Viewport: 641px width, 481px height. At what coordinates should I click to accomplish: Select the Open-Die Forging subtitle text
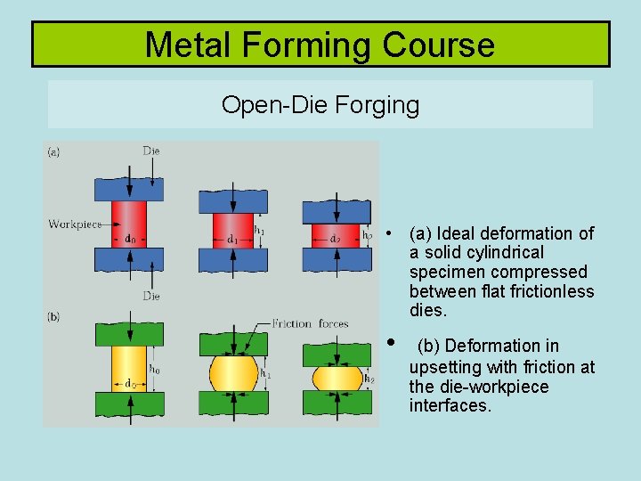(320, 105)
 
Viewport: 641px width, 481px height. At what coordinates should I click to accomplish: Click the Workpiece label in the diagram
(75, 224)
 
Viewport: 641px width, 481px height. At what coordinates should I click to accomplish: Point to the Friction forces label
(310, 323)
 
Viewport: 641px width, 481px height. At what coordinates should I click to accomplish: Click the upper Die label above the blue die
(151, 151)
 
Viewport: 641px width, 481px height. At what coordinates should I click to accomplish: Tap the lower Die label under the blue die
(151, 296)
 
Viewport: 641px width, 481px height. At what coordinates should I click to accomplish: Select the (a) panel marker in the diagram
(54, 152)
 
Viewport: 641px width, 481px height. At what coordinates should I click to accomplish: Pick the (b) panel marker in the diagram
(54, 316)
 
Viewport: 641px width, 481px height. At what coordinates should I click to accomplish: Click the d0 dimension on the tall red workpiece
(130, 239)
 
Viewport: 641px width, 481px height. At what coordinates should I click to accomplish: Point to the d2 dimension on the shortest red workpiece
(335, 238)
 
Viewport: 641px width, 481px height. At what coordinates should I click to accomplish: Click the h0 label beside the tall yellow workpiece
(155, 369)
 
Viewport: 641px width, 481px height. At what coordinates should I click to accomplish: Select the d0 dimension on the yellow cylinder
(130, 384)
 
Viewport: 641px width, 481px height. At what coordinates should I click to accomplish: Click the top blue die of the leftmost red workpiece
(120, 188)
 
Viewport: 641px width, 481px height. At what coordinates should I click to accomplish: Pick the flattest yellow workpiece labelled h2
(337, 378)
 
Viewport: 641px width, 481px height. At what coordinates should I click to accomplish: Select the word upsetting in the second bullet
(447, 367)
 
